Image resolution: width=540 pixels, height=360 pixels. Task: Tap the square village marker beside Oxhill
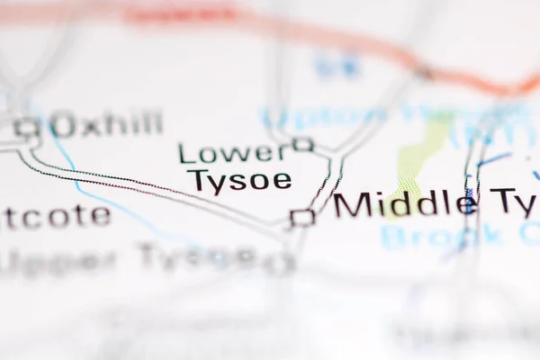29,128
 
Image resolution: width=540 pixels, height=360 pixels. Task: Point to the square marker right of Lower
303,144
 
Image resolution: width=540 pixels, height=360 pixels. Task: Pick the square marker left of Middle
303,217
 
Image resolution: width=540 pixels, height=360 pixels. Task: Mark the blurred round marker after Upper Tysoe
282,264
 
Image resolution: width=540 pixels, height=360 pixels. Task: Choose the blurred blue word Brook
441,236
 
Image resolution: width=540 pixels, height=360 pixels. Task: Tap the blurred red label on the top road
180,14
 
